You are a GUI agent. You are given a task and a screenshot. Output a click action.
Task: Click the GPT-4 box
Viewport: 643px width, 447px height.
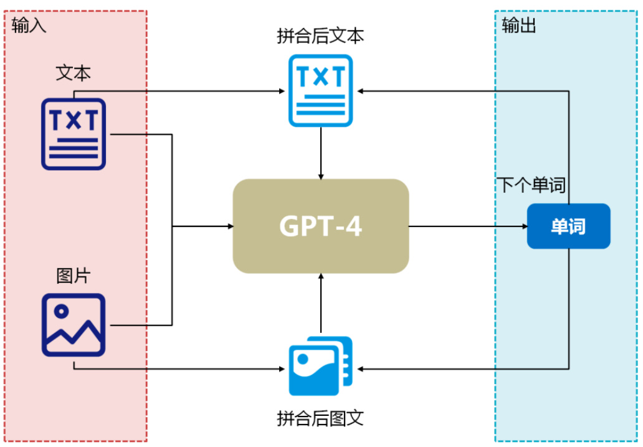[x=320, y=226]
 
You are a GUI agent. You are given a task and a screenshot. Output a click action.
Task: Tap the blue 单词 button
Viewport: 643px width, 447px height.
[x=568, y=226]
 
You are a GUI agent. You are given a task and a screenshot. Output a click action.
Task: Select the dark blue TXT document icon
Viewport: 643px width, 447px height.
[x=74, y=133]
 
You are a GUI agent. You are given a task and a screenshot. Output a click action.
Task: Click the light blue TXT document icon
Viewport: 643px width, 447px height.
[x=320, y=90]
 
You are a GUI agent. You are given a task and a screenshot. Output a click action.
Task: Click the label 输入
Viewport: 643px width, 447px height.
[x=29, y=26]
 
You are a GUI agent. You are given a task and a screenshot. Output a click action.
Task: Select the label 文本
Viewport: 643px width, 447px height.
[x=74, y=73]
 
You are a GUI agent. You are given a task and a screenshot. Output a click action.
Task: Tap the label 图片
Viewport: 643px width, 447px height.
[x=74, y=276]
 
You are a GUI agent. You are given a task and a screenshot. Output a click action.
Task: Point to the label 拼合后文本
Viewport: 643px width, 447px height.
[x=320, y=36]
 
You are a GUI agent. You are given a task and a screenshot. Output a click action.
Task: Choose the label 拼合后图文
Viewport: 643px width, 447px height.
[x=320, y=417]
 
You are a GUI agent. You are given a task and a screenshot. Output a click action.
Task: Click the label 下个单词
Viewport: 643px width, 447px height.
[x=531, y=185]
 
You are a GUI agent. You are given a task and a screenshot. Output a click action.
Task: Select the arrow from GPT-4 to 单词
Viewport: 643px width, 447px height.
[x=467, y=226]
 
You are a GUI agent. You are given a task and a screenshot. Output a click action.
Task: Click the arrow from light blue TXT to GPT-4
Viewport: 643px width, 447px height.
[x=320, y=153]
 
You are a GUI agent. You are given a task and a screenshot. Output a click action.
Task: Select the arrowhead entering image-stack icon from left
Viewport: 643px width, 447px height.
[x=281, y=368]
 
